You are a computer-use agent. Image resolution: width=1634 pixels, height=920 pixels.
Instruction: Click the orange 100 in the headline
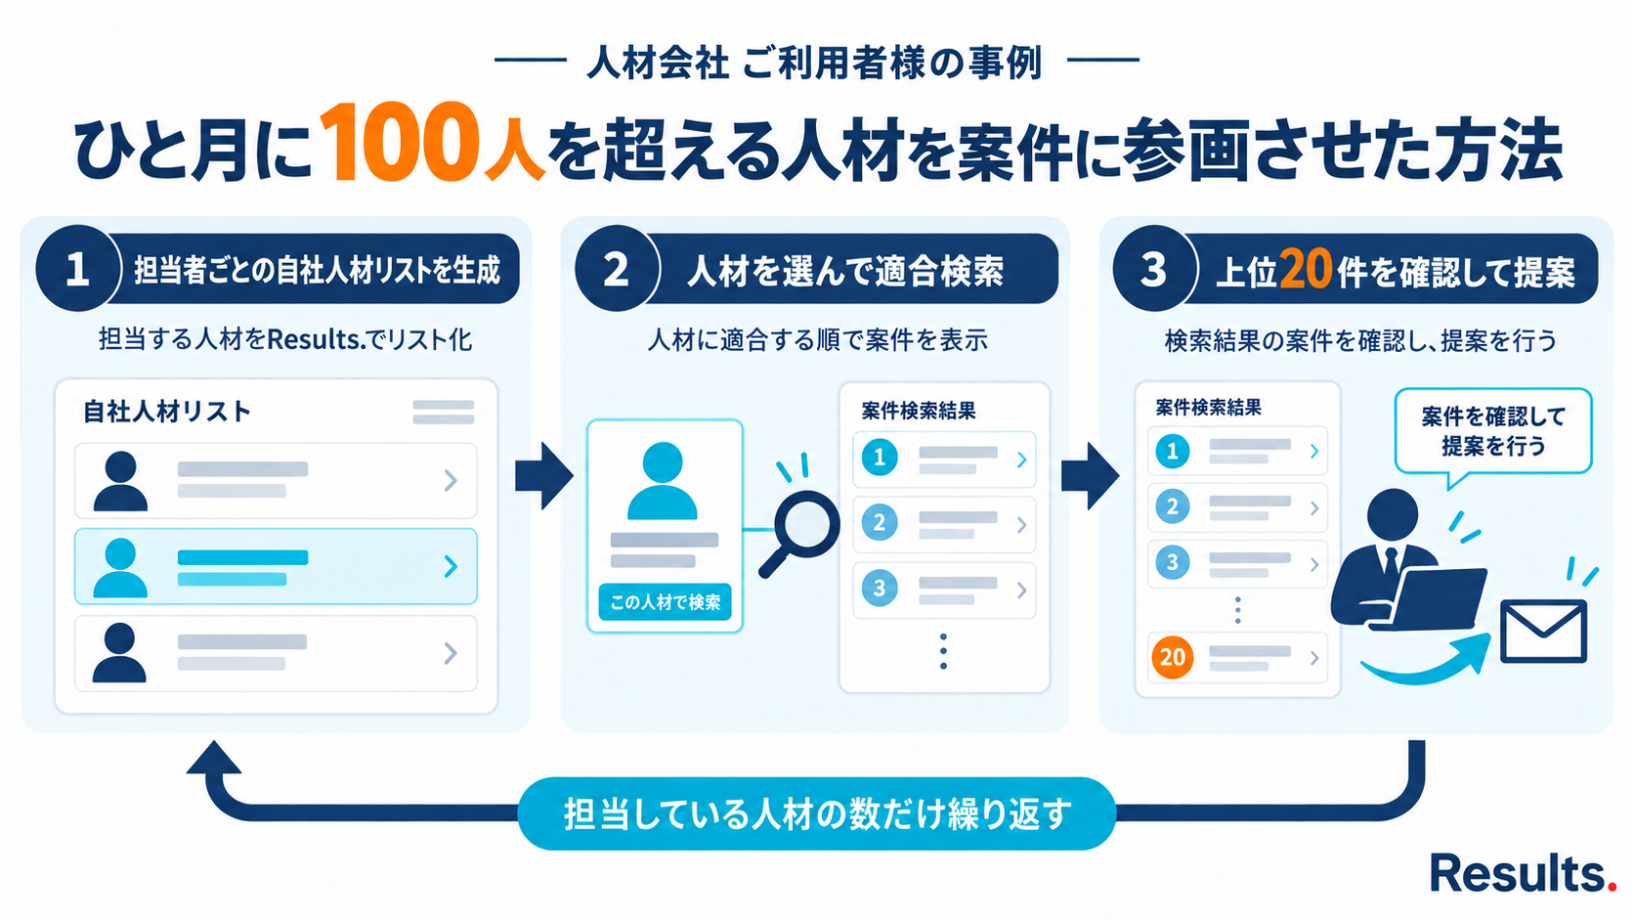coord(399,142)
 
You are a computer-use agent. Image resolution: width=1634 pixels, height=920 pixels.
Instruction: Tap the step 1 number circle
coord(77,269)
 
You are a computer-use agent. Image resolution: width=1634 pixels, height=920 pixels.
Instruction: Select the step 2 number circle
coord(617,269)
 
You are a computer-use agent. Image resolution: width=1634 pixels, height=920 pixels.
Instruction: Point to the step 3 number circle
coord(1154,269)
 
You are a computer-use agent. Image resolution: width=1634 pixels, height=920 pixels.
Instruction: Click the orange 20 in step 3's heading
coord(1305,269)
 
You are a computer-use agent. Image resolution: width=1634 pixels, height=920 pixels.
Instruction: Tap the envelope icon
coord(1543,631)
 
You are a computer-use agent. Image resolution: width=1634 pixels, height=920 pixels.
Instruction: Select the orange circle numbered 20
coord(1173,657)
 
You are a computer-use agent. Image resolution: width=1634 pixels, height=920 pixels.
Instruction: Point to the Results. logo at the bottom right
coord(1524,872)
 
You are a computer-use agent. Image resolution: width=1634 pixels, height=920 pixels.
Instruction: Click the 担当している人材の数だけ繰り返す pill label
coord(817,813)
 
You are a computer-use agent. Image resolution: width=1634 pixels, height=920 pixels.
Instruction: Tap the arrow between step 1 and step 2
coord(544,476)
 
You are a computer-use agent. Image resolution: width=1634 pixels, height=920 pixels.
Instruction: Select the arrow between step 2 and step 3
coord(1090,476)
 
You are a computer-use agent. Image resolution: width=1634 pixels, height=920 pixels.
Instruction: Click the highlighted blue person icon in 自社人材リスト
coord(120,568)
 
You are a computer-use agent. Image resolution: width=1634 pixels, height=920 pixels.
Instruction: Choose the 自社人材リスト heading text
coord(167,413)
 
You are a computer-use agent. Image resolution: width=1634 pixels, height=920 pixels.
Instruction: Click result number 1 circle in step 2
coord(880,459)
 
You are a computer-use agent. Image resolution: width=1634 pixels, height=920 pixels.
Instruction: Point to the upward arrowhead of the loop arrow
coord(214,758)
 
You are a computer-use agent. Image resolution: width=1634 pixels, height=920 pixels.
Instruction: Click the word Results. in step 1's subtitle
coord(318,339)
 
